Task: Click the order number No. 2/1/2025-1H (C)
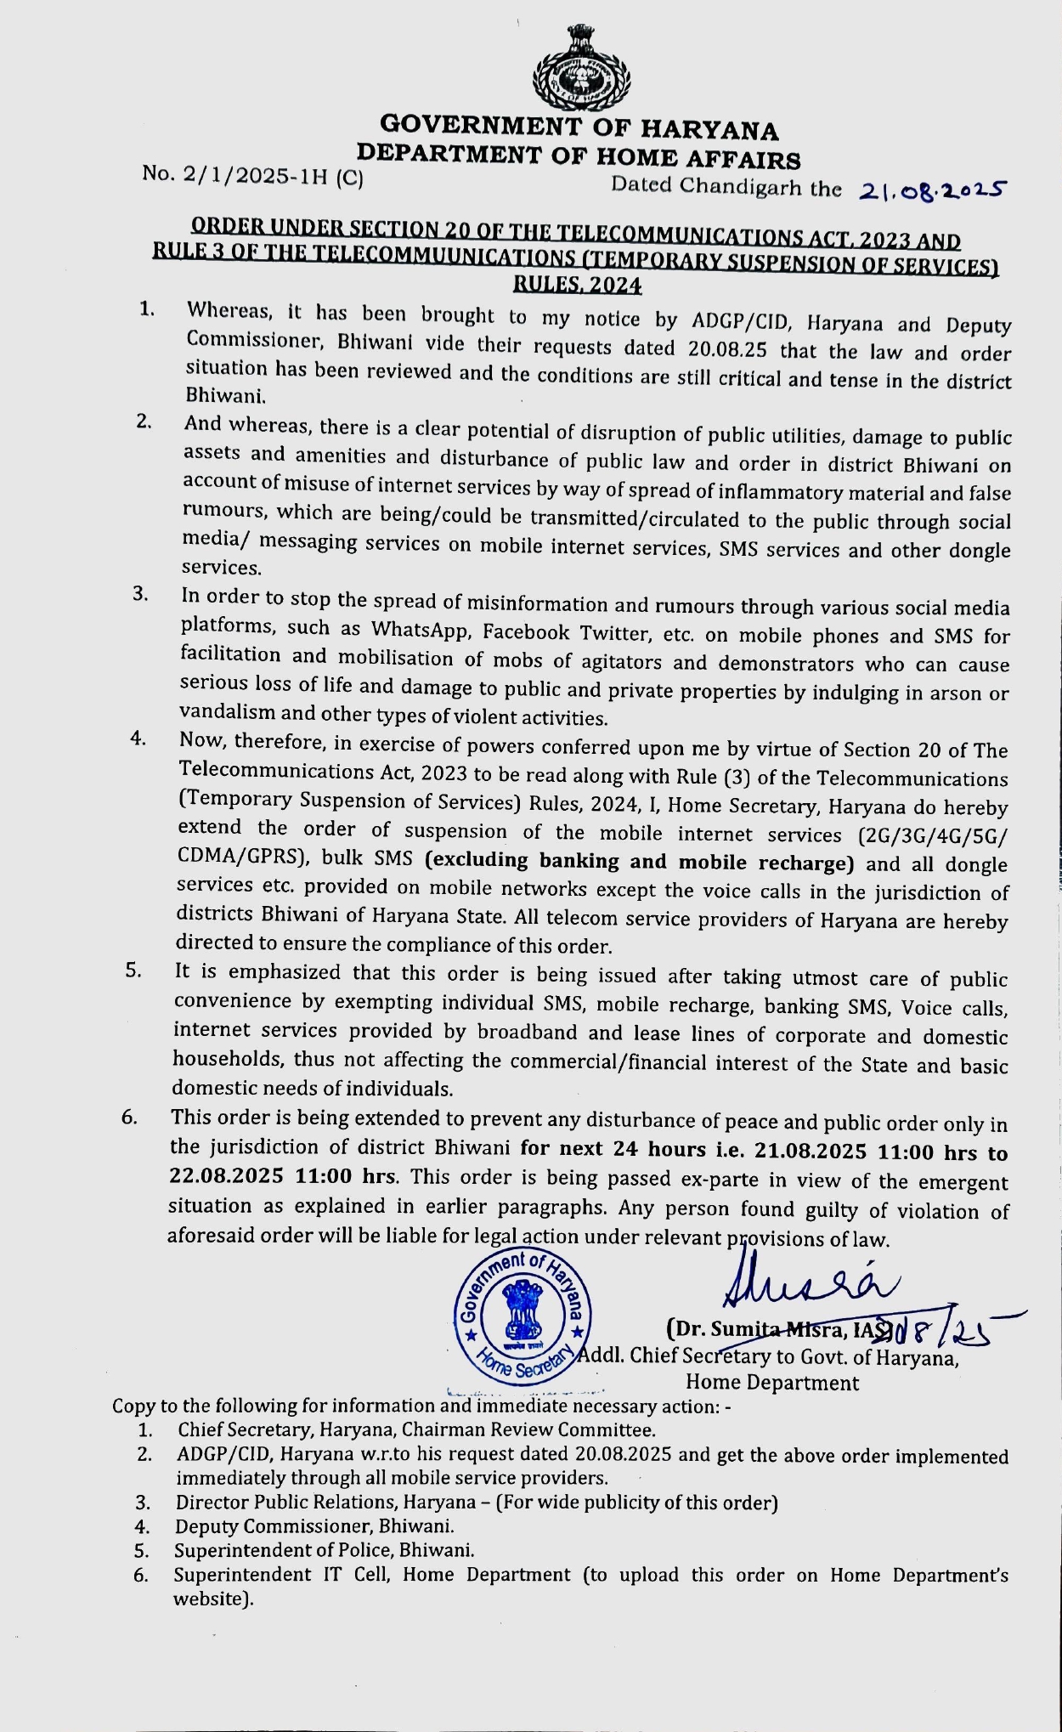coord(252,175)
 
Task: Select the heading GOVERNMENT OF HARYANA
coord(579,127)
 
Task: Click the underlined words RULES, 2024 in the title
coord(578,286)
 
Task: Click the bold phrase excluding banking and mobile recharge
coord(639,862)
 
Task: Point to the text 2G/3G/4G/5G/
coord(933,835)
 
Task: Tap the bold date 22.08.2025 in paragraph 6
coord(225,1177)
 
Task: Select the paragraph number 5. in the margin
coord(133,971)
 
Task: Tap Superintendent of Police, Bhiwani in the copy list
coord(325,1550)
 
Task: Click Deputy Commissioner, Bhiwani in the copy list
coord(314,1525)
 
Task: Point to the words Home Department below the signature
coord(771,1383)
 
